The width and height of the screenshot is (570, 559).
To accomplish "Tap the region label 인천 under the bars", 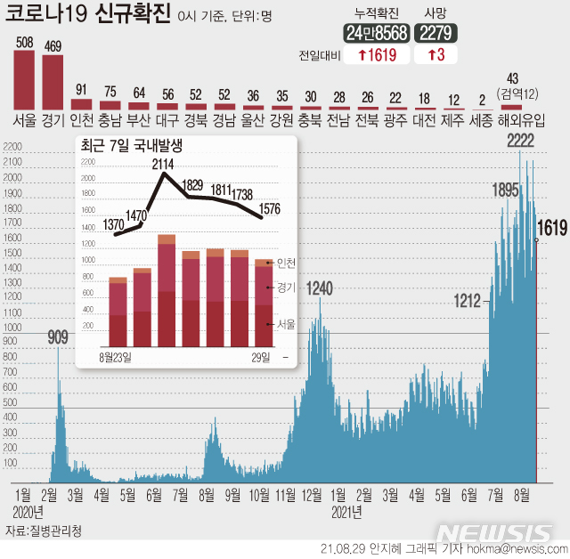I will pyautogui.click(x=81, y=119).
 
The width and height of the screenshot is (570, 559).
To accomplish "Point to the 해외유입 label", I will pyautogui.click(x=520, y=119).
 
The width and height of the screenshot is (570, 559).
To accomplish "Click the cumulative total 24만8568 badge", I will pyautogui.click(x=377, y=34).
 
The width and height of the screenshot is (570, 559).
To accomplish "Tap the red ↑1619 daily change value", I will pyautogui.click(x=377, y=55).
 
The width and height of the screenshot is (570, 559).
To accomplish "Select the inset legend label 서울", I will pyautogui.click(x=286, y=324).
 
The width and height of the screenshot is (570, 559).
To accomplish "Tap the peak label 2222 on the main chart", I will pyautogui.click(x=520, y=140).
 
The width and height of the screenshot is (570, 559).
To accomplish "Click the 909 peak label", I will pyautogui.click(x=58, y=337).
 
